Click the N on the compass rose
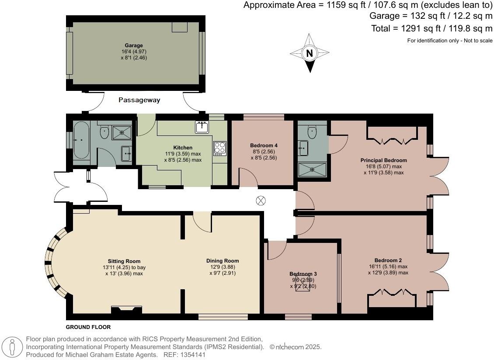310,53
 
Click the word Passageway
139,100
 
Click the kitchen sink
202,127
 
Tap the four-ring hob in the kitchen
219,148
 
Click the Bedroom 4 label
264,145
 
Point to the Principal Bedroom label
383,160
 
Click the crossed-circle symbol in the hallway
261,201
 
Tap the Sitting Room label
124,261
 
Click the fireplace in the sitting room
126,310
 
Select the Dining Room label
223,261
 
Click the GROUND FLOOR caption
88,327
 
